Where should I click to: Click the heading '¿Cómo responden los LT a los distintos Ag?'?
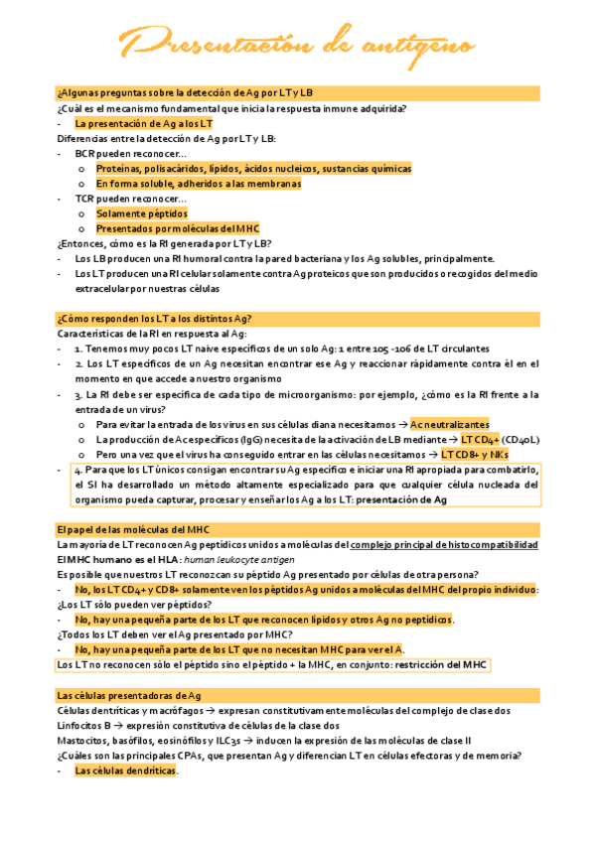(154, 318)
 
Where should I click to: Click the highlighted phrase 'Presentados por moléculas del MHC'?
(177, 228)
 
